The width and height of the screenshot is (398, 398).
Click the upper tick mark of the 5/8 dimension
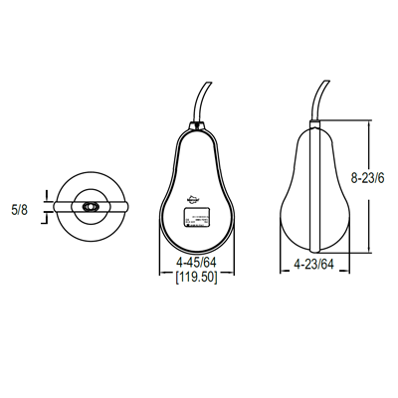pyautogui.click(x=45, y=199)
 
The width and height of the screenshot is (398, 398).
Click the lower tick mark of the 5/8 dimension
pyautogui.click(x=45, y=216)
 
